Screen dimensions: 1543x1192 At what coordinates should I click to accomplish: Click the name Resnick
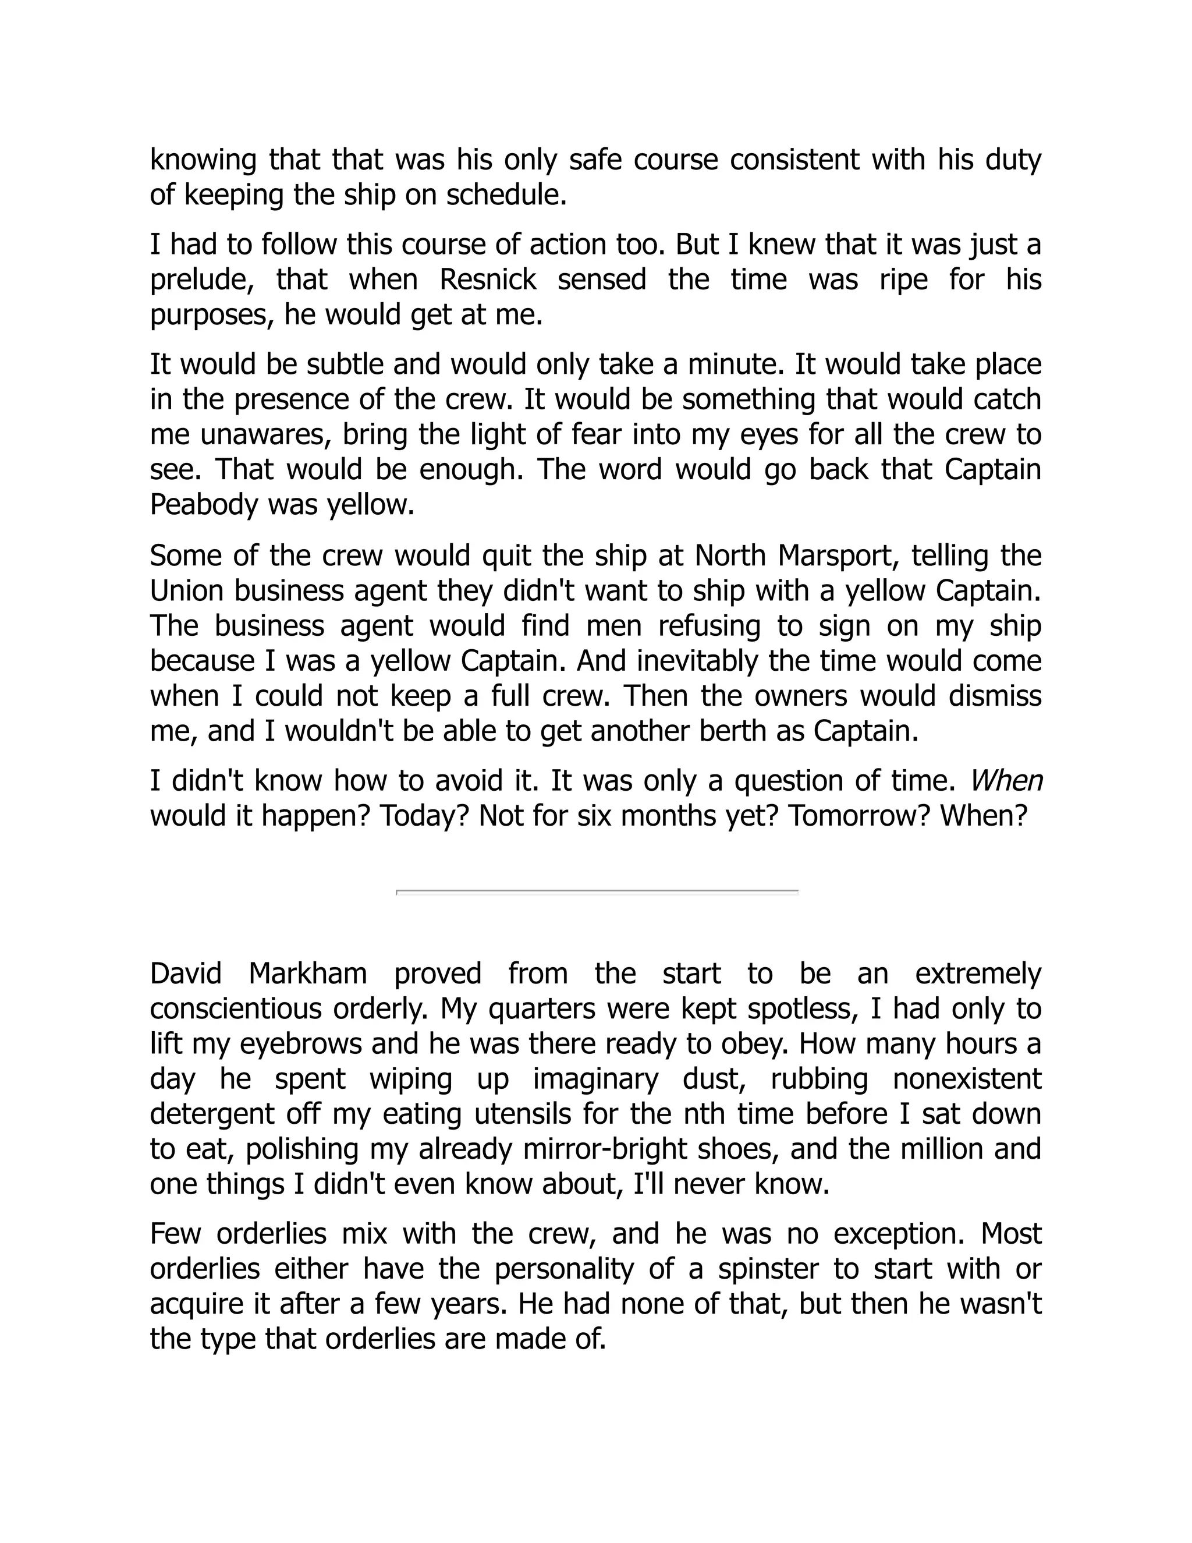click(x=487, y=279)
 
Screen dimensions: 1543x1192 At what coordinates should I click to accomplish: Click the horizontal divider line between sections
click(x=597, y=891)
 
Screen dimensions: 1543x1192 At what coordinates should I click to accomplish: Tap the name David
click(x=186, y=974)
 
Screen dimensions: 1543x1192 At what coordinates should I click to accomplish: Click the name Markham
click(x=308, y=974)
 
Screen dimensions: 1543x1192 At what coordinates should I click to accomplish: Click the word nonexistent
click(x=967, y=1079)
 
